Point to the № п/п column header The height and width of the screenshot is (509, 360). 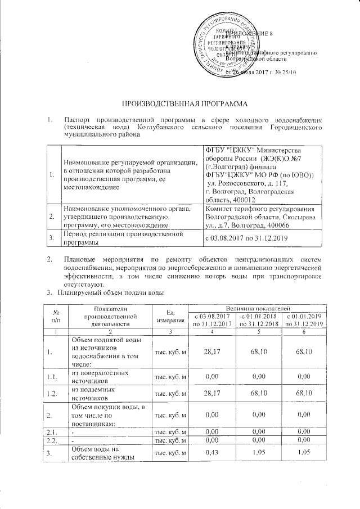[x=56, y=316]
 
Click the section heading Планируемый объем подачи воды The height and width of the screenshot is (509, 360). [x=112, y=294]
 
